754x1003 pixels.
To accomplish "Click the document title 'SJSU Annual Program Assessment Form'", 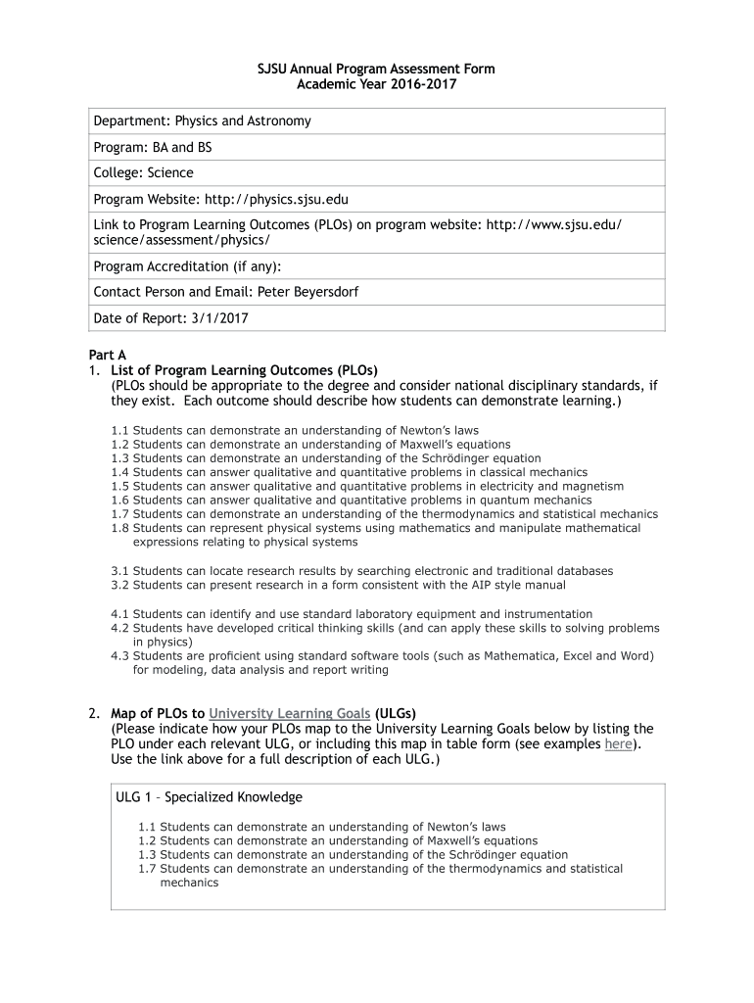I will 376,69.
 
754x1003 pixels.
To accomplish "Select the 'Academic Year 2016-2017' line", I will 376,84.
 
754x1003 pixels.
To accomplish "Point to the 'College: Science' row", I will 143,172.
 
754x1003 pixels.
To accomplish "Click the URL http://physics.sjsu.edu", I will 276,199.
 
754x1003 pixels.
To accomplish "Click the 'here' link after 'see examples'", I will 618,743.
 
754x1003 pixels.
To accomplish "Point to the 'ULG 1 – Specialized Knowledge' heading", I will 209,797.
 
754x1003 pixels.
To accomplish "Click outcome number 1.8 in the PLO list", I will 120,528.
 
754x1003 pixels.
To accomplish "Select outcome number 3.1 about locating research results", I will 120,571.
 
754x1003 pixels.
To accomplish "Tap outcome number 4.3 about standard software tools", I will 120,656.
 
